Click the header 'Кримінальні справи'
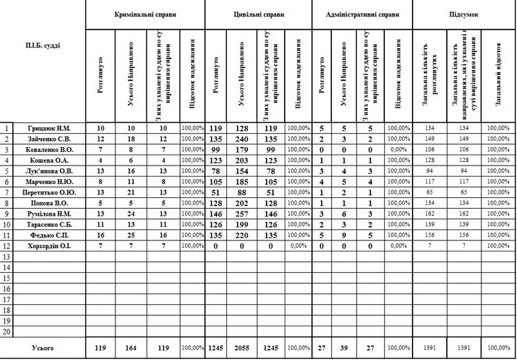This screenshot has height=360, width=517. [x=145, y=14]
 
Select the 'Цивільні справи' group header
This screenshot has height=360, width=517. [x=258, y=14]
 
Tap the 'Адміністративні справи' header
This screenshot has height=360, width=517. [x=362, y=14]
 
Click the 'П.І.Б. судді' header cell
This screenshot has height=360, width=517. [x=43, y=45]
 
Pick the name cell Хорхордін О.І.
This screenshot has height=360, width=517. [x=49, y=245]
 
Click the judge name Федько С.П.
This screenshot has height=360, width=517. [x=49, y=235]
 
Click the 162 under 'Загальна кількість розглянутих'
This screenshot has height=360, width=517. [x=430, y=214]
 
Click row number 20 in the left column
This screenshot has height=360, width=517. [x=7, y=331]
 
